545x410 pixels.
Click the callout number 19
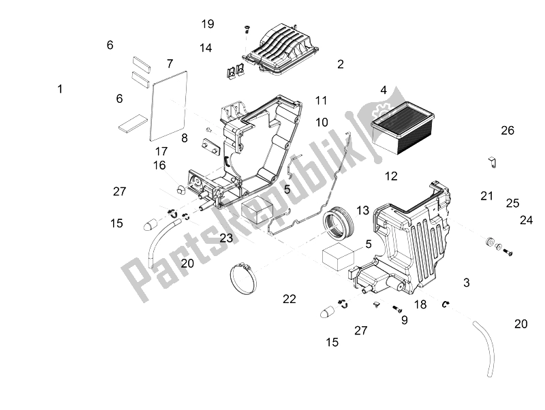[x=208, y=24]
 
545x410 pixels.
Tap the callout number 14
[x=206, y=48]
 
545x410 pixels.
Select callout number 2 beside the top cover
[x=341, y=64]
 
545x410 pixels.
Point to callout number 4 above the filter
[x=384, y=91]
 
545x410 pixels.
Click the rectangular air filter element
[x=403, y=127]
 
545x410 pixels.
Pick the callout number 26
[x=508, y=130]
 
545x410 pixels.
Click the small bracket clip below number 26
[x=491, y=163]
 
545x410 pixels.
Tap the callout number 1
[x=60, y=89]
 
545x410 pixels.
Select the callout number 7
[x=170, y=63]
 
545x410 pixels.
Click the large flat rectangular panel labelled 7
[x=168, y=106]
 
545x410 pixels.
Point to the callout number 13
[x=362, y=210]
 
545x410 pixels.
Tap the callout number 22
[x=289, y=299]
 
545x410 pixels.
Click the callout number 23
[x=226, y=238]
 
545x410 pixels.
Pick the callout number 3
[x=467, y=283]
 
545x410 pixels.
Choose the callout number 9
[x=404, y=319]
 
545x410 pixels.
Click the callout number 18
[x=420, y=304]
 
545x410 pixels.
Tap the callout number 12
[x=391, y=176]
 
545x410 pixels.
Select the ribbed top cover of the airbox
[x=281, y=48]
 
